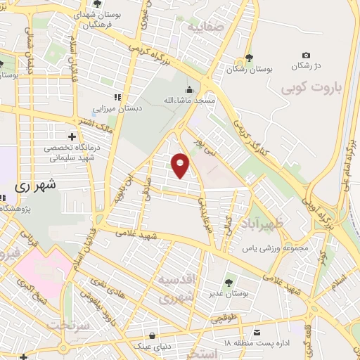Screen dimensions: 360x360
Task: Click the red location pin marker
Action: pyautogui.click(x=181, y=165)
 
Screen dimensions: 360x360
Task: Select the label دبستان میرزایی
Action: pyautogui.click(x=117, y=109)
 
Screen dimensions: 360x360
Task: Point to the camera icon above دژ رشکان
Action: pyautogui.click(x=306, y=55)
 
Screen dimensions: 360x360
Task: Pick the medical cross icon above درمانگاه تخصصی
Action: pyautogui.click(x=71, y=136)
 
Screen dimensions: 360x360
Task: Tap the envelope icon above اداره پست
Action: pyautogui.click(x=257, y=331)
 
